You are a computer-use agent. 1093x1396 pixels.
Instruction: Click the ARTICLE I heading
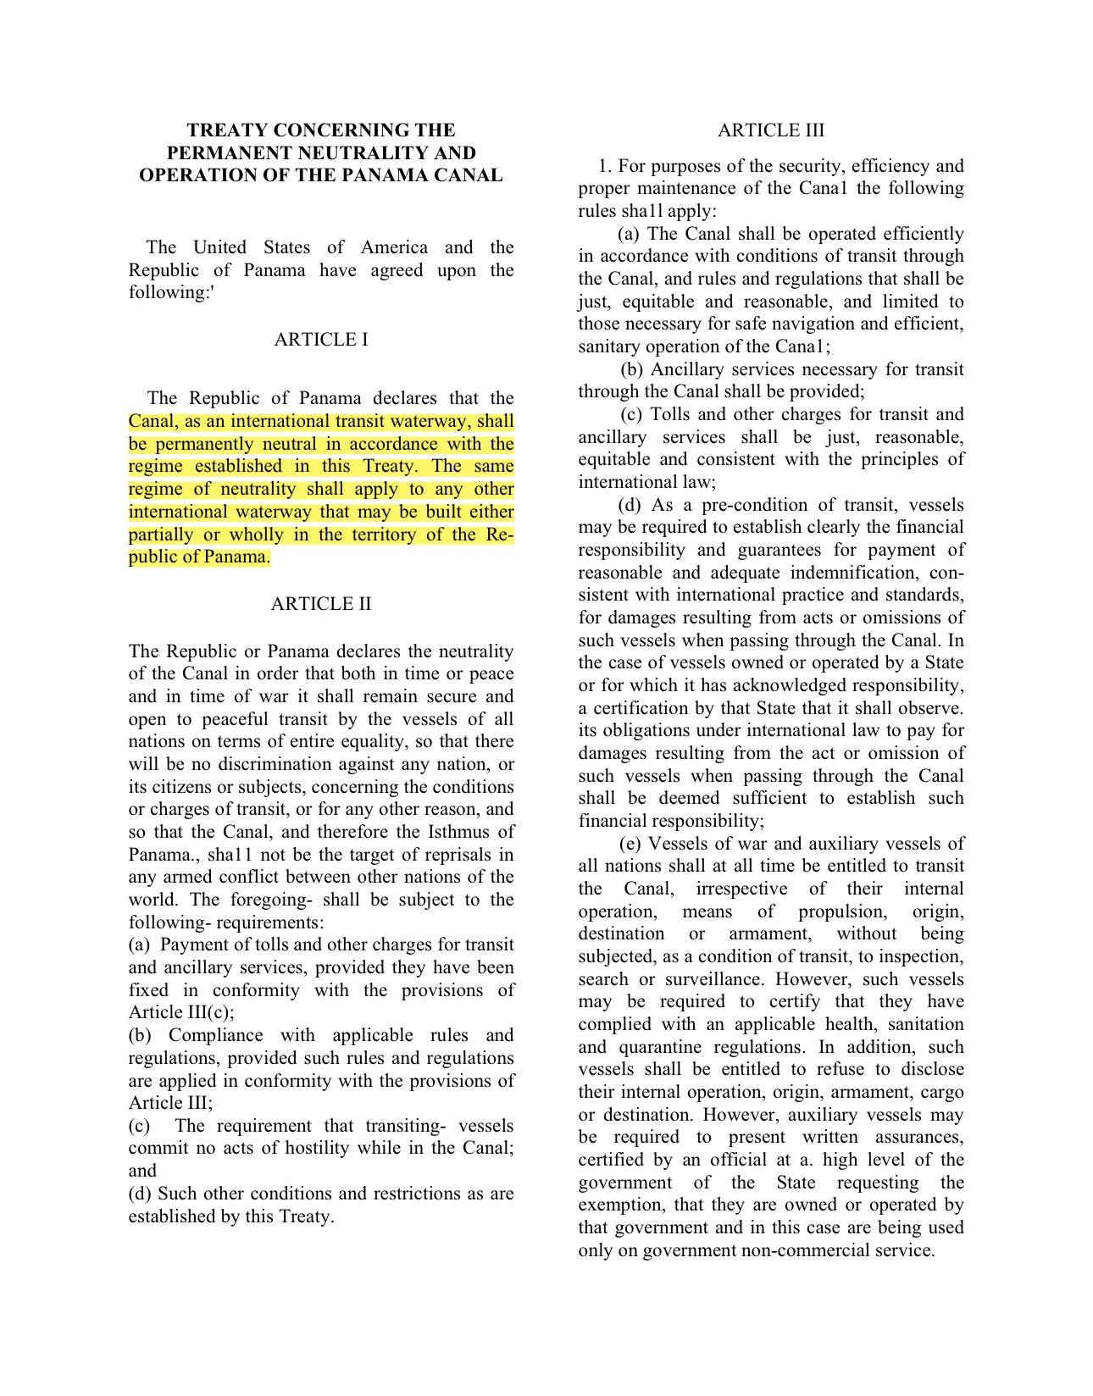coord(321,340)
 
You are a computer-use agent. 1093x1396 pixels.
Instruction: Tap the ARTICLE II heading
coord(321,604)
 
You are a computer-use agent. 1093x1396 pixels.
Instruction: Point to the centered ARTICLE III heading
coord(770,130)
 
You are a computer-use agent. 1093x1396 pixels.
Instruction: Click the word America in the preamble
coord(394,247)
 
